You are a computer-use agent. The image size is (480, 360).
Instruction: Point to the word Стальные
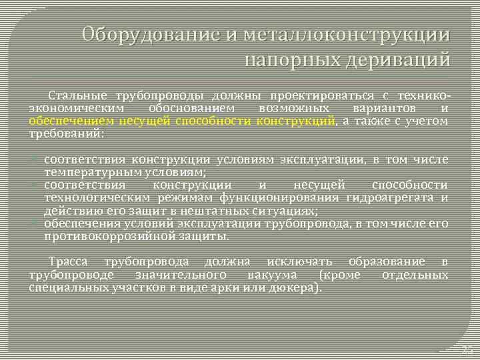75,97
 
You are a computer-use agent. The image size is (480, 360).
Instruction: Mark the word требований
65,133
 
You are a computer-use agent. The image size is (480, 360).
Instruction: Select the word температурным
86,171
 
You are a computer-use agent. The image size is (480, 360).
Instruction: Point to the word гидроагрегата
393,198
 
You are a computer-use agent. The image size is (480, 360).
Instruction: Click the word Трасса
68,262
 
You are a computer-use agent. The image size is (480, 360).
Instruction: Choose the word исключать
302,262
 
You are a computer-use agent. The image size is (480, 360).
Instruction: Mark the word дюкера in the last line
298,288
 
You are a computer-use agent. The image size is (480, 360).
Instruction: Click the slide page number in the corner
466,349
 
